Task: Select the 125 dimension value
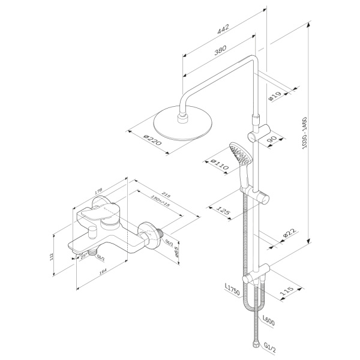(x=225, y=212)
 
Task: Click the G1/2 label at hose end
(x=269, y=346)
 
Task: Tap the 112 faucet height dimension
(x=52, y=256)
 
